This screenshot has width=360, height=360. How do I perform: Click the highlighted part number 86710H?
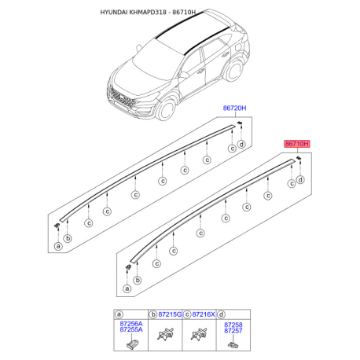click(x=297, y=145)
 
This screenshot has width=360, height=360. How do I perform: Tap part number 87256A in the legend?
click(x=130, y=323)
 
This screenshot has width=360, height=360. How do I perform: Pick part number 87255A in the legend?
click(x=130, y=330)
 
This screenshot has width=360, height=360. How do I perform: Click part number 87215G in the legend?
click(x=170, y=314)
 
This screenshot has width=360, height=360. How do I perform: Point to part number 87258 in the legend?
click(x=233, y=323)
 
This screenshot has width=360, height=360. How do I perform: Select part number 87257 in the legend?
click(x=233, y=330)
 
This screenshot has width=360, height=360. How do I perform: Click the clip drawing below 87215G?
click(x=165, y=336)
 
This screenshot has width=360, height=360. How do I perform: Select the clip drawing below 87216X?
click(x=198, y=336)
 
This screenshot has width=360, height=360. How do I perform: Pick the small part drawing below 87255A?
click(x=130, y=343)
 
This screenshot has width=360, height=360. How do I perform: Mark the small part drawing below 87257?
click(x=233, y=343)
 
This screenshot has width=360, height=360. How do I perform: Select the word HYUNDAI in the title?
click(x=118, y=13)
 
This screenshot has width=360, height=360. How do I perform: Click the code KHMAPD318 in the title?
click(x=162, y=13)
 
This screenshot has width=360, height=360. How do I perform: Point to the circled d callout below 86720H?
click(x=241, y=144)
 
